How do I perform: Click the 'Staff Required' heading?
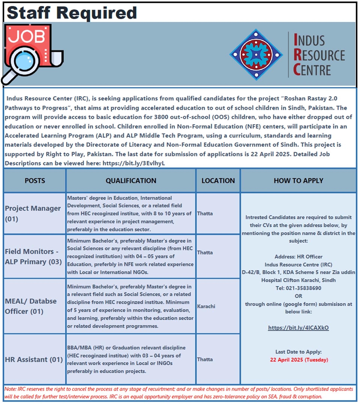click(x=72, y=13)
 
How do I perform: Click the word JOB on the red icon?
click(x=26, y=36)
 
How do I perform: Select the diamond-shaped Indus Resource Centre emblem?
click(x=256, y=55)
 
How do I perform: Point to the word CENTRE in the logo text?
click(x=312, y=70)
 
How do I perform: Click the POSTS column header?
click(x=35, y=181)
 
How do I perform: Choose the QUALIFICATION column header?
click(x=131, y=181)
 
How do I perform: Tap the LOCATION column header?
click(x=218, y=181)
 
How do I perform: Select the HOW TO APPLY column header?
click(x=298, y=181)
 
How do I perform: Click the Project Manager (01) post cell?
click(x=33, y=213)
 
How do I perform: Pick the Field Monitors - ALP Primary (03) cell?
click(x=33, y=257)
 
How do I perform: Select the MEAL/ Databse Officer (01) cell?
click(x=31, y=306)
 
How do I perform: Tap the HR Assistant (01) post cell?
click(x=34, y=359)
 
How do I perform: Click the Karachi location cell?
click(x=206, y=306)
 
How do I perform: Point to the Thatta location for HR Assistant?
click(x=205, y=359)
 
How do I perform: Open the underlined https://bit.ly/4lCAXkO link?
click(x=298, y=328)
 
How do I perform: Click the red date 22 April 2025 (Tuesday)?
click(x=299, y=360)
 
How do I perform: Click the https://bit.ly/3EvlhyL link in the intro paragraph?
click(x=133, y=163)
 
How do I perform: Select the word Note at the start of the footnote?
click(x=10, y=389)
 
